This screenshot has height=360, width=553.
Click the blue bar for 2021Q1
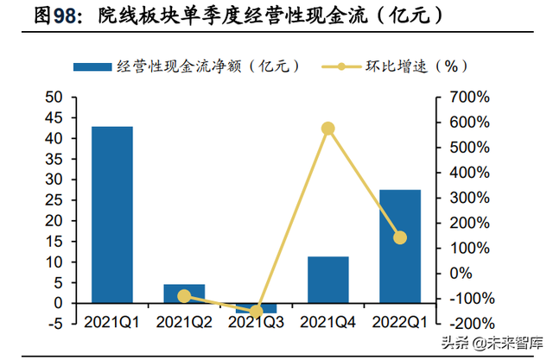click(112, 214)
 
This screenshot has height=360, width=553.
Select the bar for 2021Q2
click(184, 294)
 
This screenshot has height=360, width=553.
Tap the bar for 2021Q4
click(327, 280)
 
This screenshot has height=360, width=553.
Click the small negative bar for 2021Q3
click(256, 307)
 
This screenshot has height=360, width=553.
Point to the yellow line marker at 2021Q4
click(327, 129)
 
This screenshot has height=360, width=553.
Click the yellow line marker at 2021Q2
click(184, 296)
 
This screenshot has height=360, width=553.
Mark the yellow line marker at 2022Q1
click(400, 237)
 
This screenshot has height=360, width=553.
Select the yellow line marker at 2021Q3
click(256, 312)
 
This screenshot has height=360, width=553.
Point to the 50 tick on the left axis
click(54, 97)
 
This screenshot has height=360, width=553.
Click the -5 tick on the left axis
click(54, 324)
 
